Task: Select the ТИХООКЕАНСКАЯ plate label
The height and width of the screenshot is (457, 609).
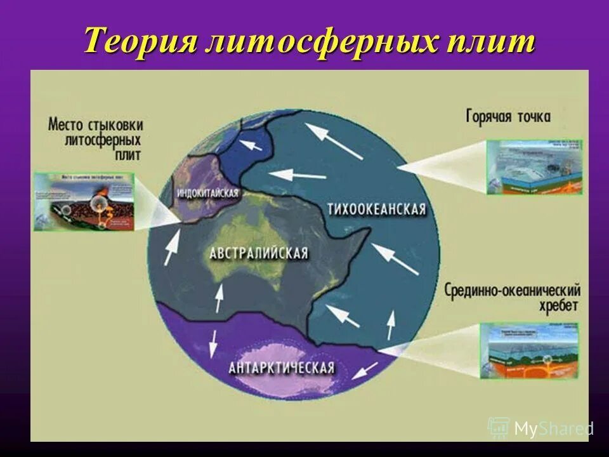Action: coord(376,209)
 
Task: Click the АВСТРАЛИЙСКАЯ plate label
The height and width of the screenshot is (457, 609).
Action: coord(259,253)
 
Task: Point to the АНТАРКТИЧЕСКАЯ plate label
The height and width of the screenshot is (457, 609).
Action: coord(281,368)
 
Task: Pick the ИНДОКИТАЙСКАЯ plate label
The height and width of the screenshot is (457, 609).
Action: coord(208,193)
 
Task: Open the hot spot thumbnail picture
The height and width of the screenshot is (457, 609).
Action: coord(534,166)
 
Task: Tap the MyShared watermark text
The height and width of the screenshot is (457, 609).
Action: coord(553,428)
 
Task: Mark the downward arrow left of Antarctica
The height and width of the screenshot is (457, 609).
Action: coord(212,347)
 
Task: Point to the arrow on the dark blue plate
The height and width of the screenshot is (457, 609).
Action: coord(252,145)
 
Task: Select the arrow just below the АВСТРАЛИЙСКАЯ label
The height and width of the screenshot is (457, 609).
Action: coord(219,298)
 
